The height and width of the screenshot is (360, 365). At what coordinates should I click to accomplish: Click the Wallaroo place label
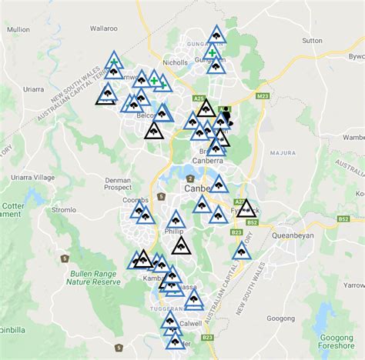[x=102, y=28]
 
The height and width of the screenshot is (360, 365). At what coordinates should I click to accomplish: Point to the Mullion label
[x=18, y=30]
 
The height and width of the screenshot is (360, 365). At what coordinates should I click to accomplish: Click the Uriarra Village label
[x=25, y=177]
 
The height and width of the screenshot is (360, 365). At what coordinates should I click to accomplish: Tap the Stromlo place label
[x=63, y=209]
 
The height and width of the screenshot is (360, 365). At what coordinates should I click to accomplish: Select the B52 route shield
[x=343, y=219]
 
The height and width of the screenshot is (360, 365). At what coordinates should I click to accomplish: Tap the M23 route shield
[x=263, y=96]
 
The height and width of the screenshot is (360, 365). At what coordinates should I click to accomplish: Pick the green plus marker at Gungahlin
[x=212, y=53]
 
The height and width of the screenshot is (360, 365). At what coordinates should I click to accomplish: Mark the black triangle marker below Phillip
[x=182, y=246]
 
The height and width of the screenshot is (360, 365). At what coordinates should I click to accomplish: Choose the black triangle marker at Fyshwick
[x=246, y=208]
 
